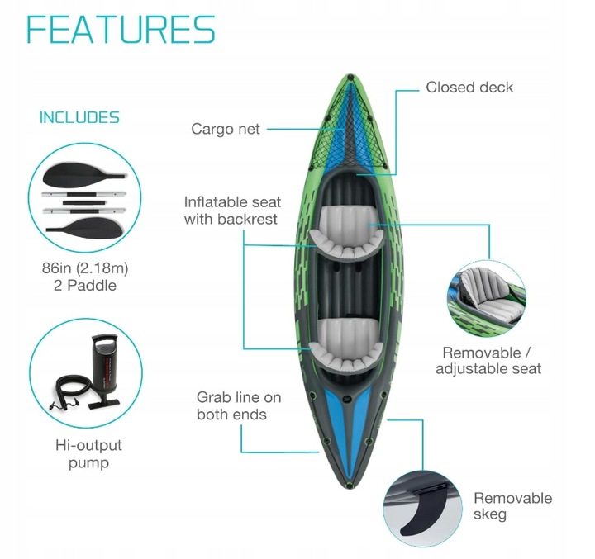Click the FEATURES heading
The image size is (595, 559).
point(121,30)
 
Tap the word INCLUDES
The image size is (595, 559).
point(79,117)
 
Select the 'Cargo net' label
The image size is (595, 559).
point(226,129)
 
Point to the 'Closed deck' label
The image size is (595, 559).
point(469,88)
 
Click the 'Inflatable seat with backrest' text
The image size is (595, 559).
point(232,211)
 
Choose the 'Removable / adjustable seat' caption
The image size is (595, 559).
point(488,361)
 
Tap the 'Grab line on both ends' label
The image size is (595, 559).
point(239,405)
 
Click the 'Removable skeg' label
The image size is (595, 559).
point(512,506)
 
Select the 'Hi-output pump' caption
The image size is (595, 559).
point(88,454)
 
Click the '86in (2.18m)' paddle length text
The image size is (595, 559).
point(85,268)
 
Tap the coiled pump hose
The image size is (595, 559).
point(70,392)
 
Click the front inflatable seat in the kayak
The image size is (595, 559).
point(347,233)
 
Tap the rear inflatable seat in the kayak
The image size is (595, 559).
point(346,344)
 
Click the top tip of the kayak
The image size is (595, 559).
point(350,75)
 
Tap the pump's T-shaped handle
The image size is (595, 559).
point(105,337)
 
